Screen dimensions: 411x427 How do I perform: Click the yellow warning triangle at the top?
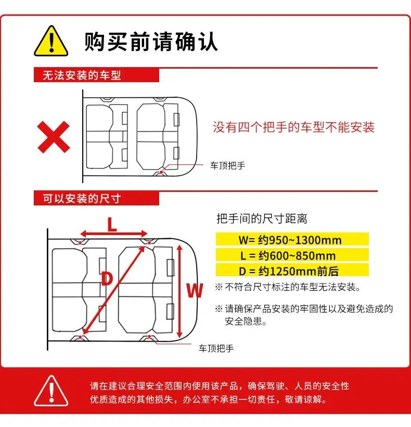pos(51,41)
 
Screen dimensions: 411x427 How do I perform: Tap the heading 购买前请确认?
pos(151,41)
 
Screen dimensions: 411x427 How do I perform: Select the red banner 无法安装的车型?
pos(96,75)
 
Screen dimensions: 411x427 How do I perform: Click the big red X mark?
pos(54,137)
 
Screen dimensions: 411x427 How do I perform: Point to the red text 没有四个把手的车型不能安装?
pos(293,127)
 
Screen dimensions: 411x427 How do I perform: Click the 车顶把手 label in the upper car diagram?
pos(227,165)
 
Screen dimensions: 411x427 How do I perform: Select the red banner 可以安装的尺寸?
pos(96,198)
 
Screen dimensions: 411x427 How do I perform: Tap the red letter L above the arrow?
pos(112,224)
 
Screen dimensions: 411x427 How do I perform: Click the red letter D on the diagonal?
pos(107,279)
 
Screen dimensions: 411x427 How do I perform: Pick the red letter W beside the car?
pos(195,290)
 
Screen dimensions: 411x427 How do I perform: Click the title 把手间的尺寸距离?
pos(262,218)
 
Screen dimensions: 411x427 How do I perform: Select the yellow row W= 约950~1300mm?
pos(292,239)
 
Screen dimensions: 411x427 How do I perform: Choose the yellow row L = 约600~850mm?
pos(292,255)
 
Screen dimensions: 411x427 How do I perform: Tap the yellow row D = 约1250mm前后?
pos(292,270)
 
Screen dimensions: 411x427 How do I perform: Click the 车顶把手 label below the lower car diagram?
pos(216,348)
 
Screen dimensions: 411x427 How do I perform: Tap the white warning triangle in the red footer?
pos(51,391)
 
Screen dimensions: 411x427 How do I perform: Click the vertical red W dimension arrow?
pos(179,291)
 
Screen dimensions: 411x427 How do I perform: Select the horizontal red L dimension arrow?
pos(114,234)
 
